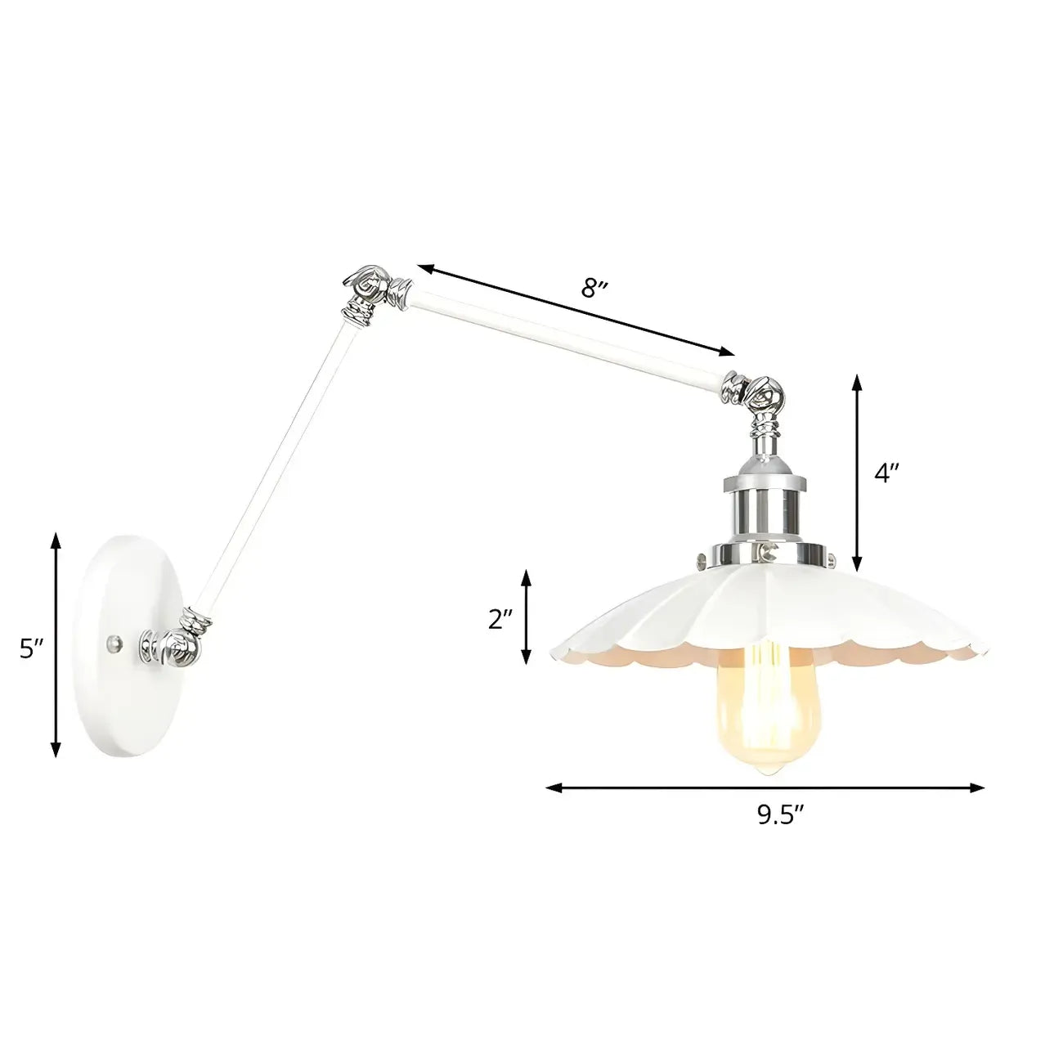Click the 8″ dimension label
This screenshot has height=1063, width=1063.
(x=594, y=289)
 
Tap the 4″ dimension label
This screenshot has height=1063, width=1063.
(x=886, y=473)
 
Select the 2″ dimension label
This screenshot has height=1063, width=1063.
(x=500, y=619)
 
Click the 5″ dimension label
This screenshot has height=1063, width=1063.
(x=32, y=648)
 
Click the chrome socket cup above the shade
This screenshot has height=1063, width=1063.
(x=763, y=507)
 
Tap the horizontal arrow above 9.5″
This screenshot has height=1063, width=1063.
(x=765, y=788)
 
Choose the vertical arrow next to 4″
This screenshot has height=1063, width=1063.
(x=856, y=473)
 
